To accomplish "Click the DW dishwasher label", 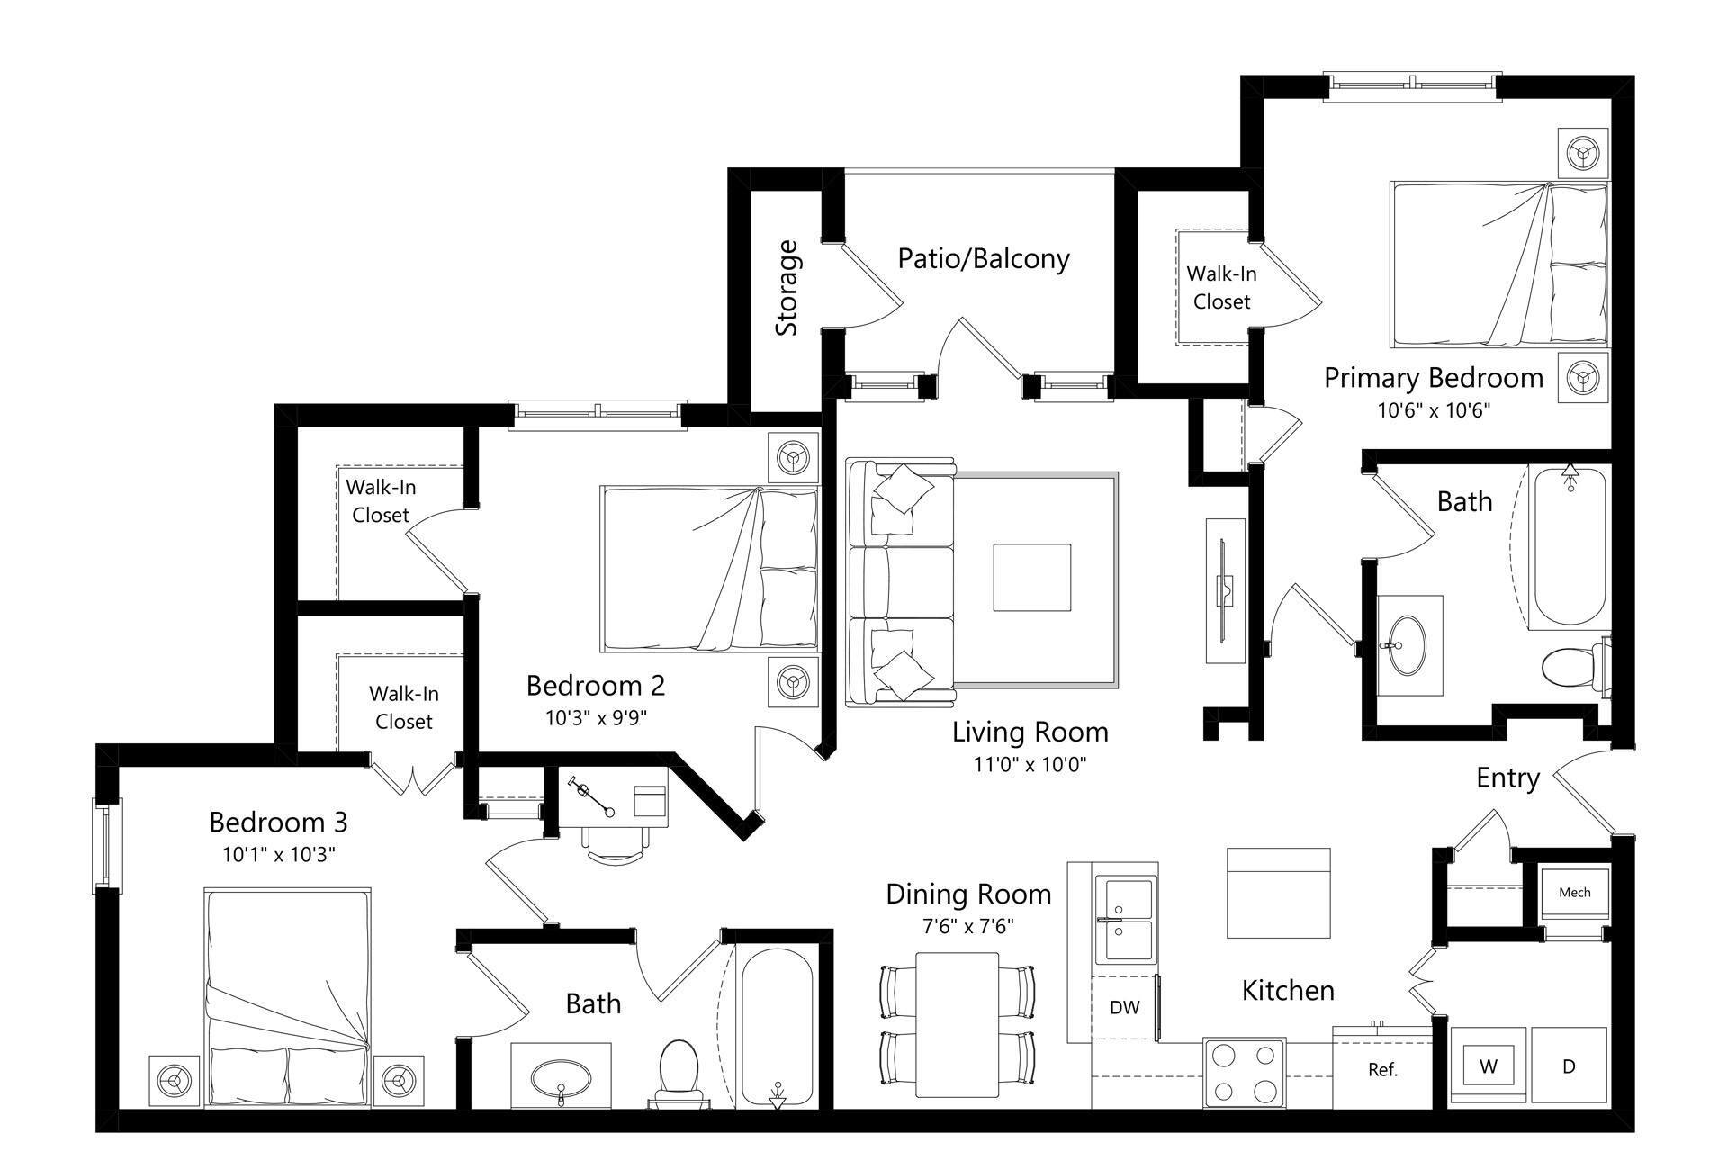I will pyautogui.click(x=1124, y=1008).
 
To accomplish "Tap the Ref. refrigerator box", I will pyautogui.click(x=1382, y=1069).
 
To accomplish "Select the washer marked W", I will pyautogui.click(x=1489, y=1066).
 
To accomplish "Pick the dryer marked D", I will pyautogui.click(x=1569, y=1066).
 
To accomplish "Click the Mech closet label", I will pyautogui.click(x=1574, y=892).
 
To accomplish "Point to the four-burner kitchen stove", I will pyautogui.click(x=1244, y=1072).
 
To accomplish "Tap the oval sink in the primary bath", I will pyautogui.click(x=1408, y=644).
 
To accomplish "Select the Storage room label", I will pyautogui.click(x=787, y=288).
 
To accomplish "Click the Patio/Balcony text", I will pyautogui.click(x=984, y=259).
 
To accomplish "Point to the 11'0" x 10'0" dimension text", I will pyautogui.click(x=1030, y=765).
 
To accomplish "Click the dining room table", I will pyautogui.click(x=957, y=1024).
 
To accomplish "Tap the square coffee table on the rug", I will pyautogui.click(x=1031, y=578).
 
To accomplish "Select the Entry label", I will pyautogui.click(x=1507, y=778).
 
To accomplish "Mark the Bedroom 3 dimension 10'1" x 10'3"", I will pyautogui.click(x=279, y=854).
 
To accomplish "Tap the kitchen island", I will pyautogui.click(x=1278, y=893).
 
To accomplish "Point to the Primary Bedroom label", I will pyautogui.click(x=1433, y=378).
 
